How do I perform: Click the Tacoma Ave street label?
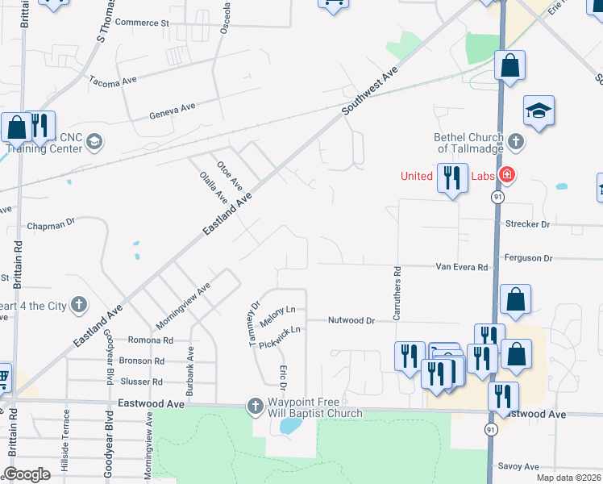click(x=114, y=81)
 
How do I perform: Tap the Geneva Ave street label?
click(x=173, y=111)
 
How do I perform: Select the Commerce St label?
click(x=142, y=23)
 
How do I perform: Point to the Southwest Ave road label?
click(x=370, y=90)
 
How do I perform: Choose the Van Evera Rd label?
click(x=462, y=267)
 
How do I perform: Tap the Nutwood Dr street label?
click(x=351, y=320)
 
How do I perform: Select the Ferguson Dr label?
click(x=526, y=258)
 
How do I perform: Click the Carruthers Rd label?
click(x=397, y=293)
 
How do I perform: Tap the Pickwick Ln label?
click(x=285, y=330)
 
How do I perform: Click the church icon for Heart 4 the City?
click(x=78, y=305)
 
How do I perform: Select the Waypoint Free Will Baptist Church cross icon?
click(x=255, y=405)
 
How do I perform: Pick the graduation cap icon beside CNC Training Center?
click(x=94, y=143)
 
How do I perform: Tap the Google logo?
click(x=27, y=474)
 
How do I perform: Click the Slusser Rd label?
click(x=141, y=382)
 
